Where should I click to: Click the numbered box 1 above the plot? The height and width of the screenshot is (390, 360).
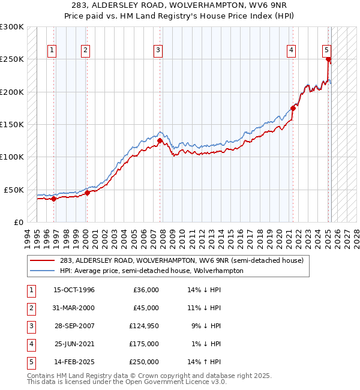point(53,50)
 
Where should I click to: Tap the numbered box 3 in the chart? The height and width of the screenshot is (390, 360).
point(158,50)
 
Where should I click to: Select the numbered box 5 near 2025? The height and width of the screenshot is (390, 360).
point(326,50)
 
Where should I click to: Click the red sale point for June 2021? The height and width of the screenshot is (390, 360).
point(293,108)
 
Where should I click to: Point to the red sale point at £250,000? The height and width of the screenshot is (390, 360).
point(328,59)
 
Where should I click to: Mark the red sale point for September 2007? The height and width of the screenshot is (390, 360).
point(160,141)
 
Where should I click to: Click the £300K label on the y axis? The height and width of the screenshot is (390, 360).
point(12,27)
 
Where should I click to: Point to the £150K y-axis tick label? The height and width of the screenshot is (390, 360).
point(12,124)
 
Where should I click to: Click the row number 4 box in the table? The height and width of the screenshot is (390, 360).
point(30,344)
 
